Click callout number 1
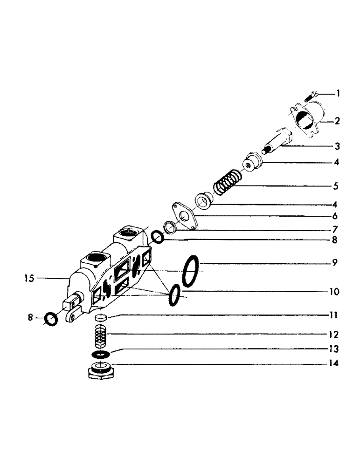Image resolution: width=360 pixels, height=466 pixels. click(338, 94)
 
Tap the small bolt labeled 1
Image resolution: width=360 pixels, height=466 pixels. click(310, 96)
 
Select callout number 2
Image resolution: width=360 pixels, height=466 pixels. click(337, 122)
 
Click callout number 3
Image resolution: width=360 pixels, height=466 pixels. click(337, 146)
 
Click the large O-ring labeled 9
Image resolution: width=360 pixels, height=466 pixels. click(191, 271)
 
